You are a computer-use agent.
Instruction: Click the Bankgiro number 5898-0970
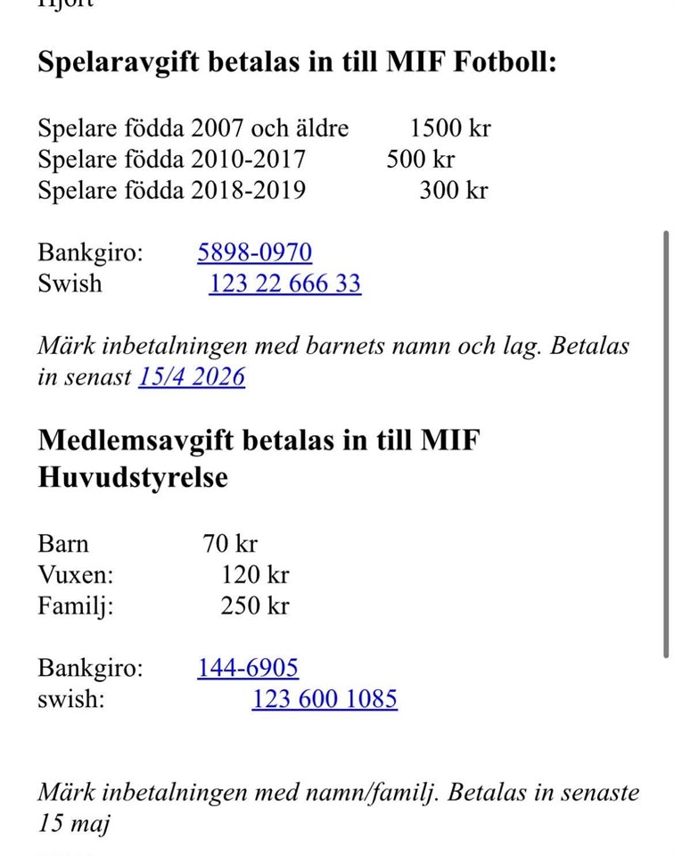tap(254, 252)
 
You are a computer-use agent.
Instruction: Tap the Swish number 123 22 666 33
tap(285, 284)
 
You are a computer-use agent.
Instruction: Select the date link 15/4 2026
tap(191, 377)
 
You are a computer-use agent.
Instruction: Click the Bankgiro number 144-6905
tap(248, 667)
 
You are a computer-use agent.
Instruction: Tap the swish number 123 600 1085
tap(325, 699)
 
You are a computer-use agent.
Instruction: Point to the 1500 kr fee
tap(450, 128)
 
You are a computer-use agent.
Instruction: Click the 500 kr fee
tap(420, 159)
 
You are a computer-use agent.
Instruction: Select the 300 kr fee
tap(454, 190)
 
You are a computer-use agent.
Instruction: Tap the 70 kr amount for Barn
tap(230, 543)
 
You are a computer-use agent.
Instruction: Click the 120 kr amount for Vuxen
tap(255, 575)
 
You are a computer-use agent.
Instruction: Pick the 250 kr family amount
tap(255, 606)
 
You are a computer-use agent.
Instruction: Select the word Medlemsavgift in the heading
tap(135, 440)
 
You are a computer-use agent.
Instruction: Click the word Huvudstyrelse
tap(133, 477)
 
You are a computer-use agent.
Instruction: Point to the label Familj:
tap(76, 606)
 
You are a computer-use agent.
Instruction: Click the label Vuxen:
tap(76, 575)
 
